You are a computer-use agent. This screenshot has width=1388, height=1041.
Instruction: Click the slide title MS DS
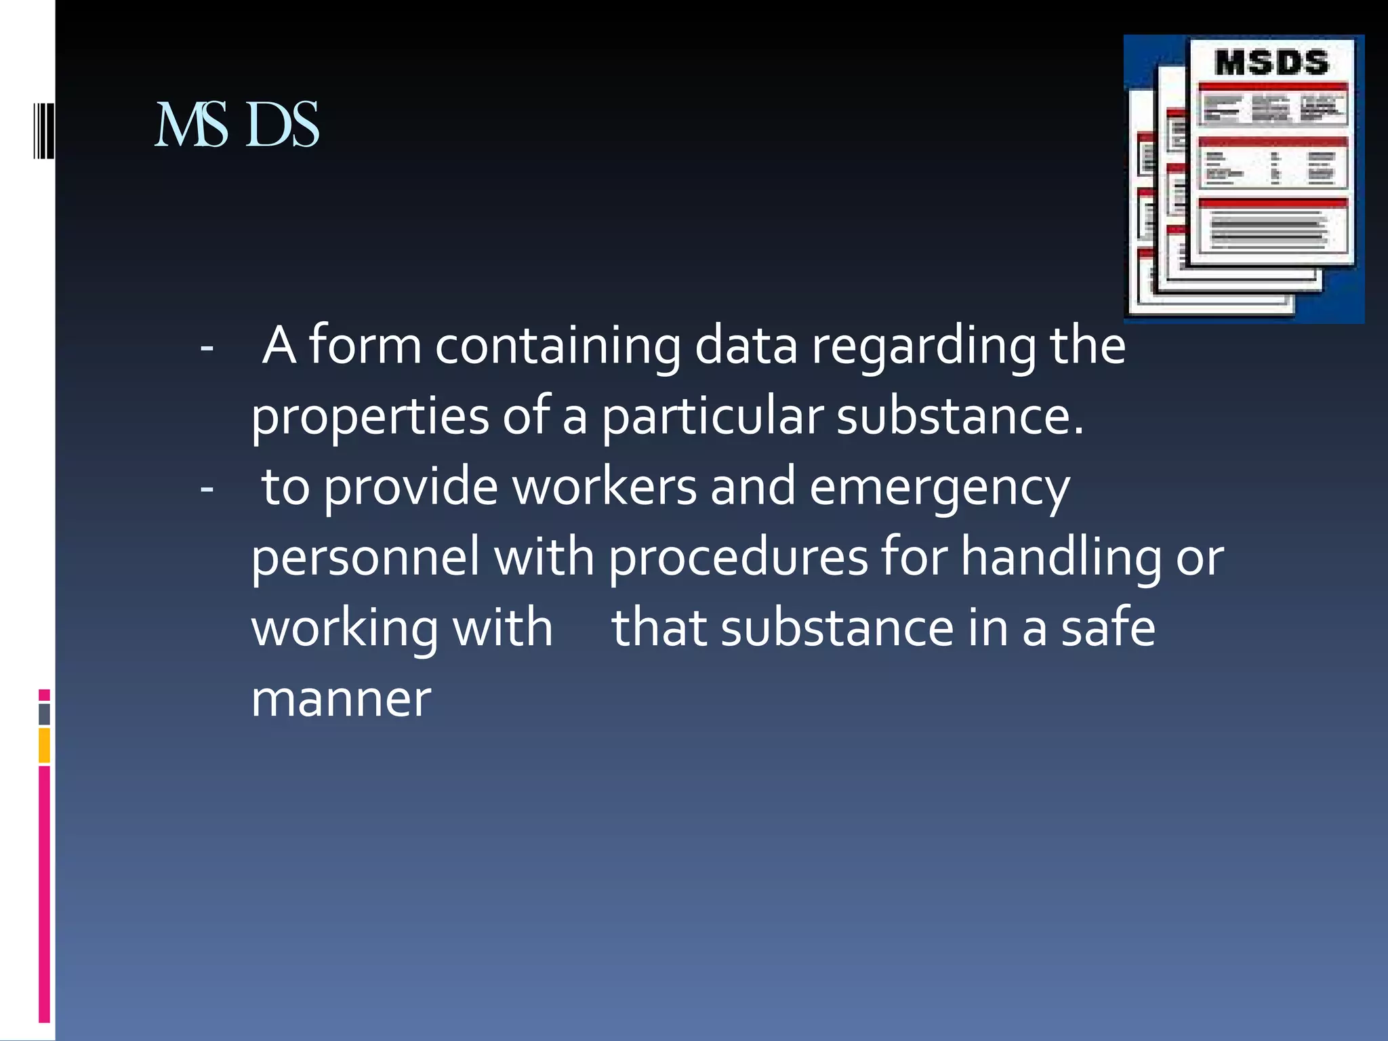point(237,125)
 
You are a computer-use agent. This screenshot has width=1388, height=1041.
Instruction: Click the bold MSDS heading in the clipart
point(1271,63)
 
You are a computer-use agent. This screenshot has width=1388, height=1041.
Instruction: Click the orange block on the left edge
point(44,745)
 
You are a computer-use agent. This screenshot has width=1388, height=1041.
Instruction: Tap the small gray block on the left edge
point(44,714)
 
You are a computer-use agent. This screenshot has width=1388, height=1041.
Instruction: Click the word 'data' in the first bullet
point(746,346)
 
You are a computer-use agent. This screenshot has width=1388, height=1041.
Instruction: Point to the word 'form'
point(365,346)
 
